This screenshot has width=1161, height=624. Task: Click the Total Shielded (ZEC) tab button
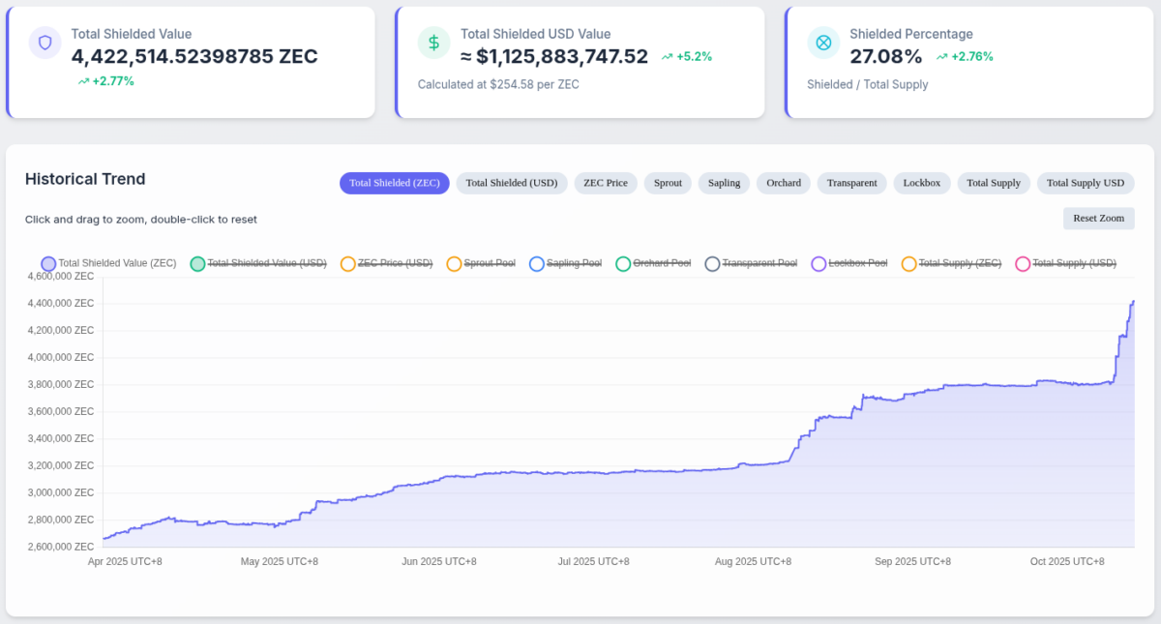pyautogui.click(x=394, y=183)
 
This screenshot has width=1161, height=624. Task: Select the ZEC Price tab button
pyautogui.click(x=605, y=183)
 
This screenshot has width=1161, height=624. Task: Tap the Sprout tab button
pyautogui.click(x=668, y=183)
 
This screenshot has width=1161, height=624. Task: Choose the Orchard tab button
pyautogui.click(x=784, y=183)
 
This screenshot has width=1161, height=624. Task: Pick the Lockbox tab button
pyautogui.click(x=921, y=183)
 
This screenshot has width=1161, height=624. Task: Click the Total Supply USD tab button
pyautogui.click(x=1085, y=183)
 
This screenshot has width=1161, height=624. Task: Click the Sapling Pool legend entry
pyautogui.click(x=566, y=263)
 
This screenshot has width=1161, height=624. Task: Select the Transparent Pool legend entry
pyautogui.click(x=751, y=263)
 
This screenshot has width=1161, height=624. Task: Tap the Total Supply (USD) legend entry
pyautogui.click(x=1065, y=263)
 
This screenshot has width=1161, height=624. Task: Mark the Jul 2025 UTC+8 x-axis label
pyautogui.click(x=593, y=561)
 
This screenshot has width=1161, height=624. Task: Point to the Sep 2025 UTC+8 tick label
pyautogui.click(x=912, y=561)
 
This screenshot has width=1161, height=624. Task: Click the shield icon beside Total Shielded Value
pyautogui.click(x=45, y=43)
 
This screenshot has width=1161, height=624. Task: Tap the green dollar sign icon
pyautogui.click(x=433, y=43)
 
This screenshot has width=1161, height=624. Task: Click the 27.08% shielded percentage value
pyautogui.click(x=885, y=56)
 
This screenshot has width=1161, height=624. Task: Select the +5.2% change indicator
pyautogui.click(x=687, y=56)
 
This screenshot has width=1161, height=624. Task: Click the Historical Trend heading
pyautogui.click(x=85, y=179)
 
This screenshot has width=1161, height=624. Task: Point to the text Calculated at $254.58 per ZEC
pyautogui.click(x=498, y=84)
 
